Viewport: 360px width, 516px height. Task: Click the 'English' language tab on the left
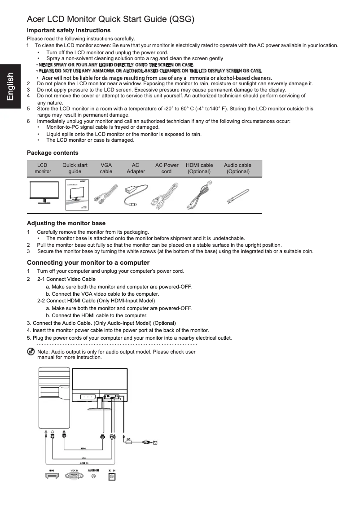pyautogui.click(x=10, y=89)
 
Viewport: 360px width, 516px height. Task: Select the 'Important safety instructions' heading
pyautogui.click(x=68, y=30)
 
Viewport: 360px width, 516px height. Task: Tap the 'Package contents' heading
pyautogui.click(x=53, y=153)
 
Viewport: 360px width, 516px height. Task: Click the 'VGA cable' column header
pyautogui.click(x=106, y=168)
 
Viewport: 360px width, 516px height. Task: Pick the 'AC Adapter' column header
pyautogui.click(x=136, y=168)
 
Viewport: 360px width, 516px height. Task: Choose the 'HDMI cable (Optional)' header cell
pyautogui.click(x=199, y=168)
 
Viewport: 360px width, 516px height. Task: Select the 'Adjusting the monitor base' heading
pyautogui.click(x=66, y=223)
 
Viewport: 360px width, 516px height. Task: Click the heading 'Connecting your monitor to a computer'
pyautogui.click(x=88, y=262)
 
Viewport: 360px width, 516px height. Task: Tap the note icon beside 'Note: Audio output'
pyautogui.click(x=31, y=352)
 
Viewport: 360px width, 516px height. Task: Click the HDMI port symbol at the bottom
pyautogui.click(x=52, y=476)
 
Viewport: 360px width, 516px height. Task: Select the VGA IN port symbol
pyautogui.click(x=74, y=477)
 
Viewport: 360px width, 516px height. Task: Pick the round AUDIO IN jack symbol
pyautogui.click(x=93, y=477)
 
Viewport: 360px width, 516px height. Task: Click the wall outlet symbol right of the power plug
pyautogui.click(x=155, y=442)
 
